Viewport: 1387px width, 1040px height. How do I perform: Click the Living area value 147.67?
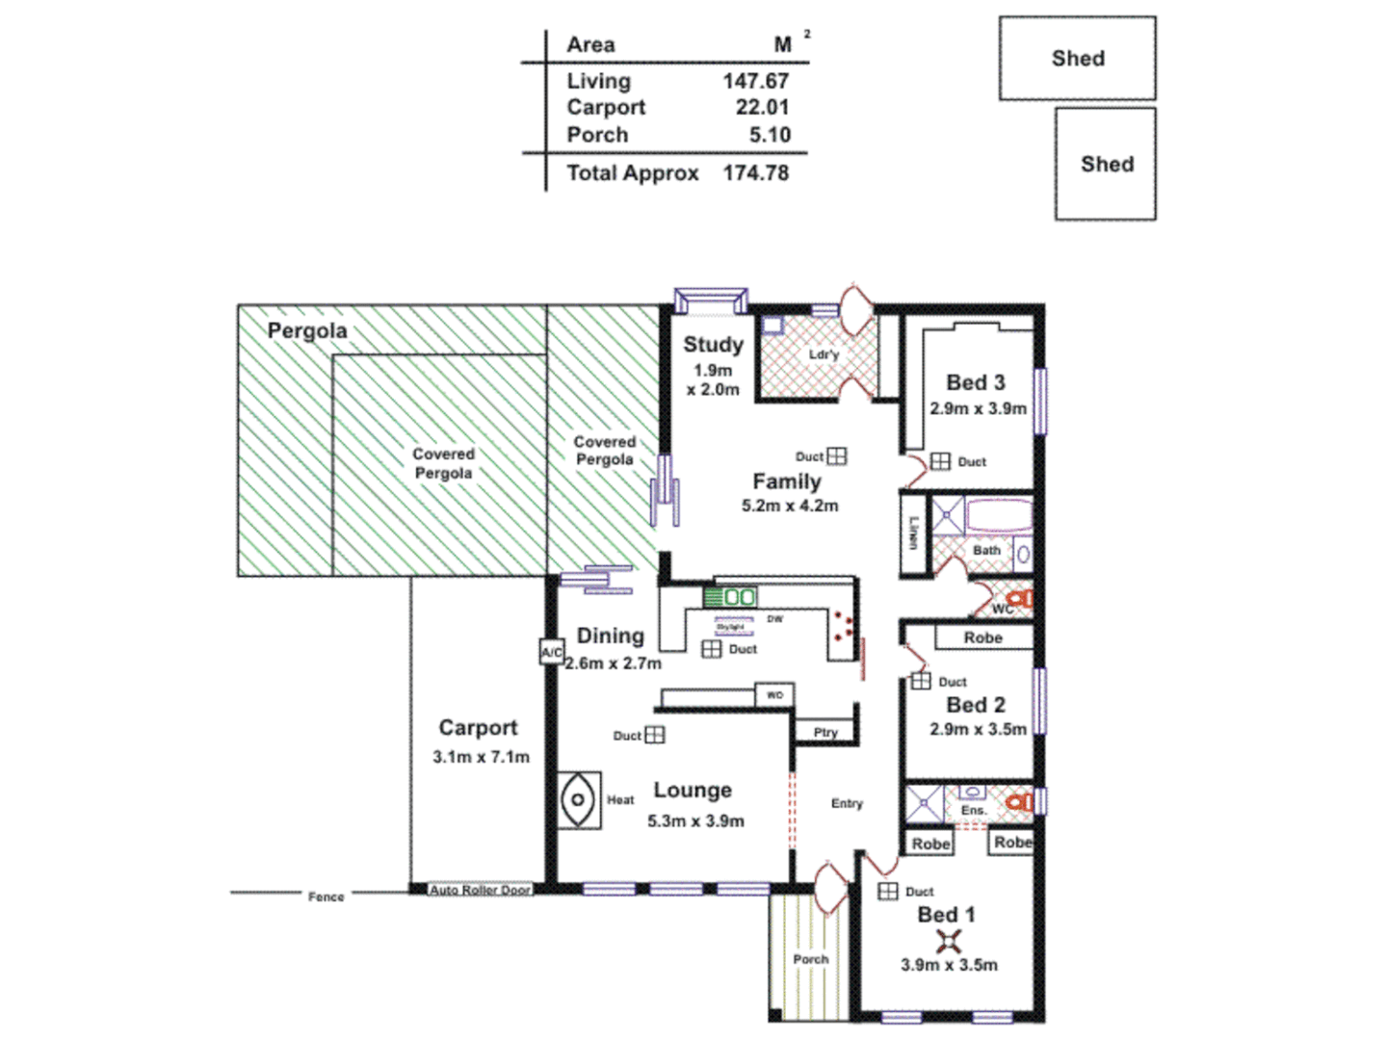756,82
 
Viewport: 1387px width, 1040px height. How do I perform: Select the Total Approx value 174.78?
756,173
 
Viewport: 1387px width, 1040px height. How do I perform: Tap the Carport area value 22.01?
762,108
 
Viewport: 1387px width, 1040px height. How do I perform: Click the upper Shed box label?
1078,59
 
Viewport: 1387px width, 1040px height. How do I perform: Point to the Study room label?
713,345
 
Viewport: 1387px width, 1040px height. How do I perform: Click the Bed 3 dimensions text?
978,408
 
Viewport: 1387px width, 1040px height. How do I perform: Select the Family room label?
787,481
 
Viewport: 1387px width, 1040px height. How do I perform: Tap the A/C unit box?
551,652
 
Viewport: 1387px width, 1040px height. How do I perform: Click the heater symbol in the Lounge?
579,800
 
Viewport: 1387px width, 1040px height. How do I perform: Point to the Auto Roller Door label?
480,891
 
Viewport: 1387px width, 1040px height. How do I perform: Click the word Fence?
326,897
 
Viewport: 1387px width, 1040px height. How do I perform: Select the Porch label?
811,959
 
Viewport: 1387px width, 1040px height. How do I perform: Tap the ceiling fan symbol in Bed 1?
949,941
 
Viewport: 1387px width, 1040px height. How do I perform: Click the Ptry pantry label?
825,733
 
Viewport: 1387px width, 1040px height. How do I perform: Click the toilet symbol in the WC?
1021,600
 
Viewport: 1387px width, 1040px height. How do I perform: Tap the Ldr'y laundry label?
824,354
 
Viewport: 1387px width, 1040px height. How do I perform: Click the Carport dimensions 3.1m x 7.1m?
481,757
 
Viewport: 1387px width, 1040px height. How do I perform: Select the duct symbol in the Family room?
837,456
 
